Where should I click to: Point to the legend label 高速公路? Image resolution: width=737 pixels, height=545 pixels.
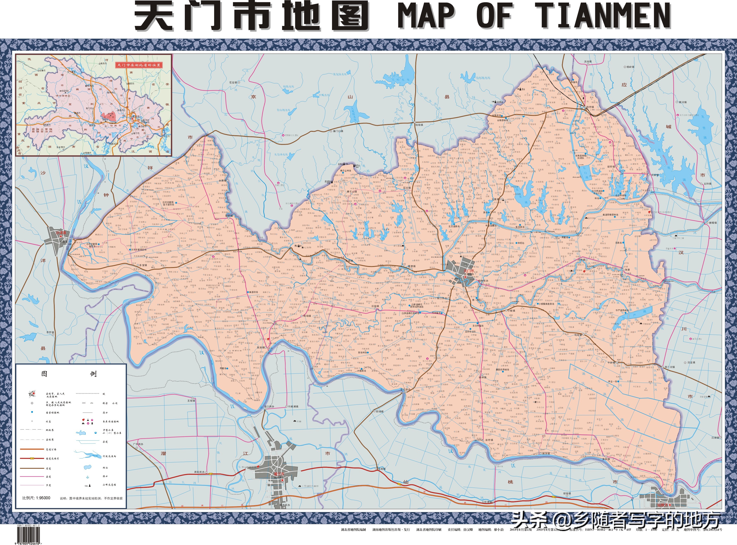pyautogui.click(x=53, y=450)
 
